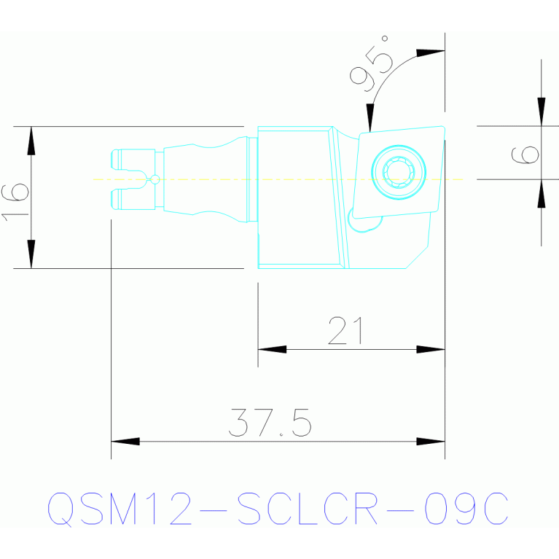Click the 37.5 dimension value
(270, 423)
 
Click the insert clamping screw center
(398, 172)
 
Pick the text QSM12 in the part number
(120, 509)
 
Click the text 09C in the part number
(466, 509)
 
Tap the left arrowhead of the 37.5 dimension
(125, 441)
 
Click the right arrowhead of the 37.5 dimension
(431, 441)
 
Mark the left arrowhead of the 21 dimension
(272, 349)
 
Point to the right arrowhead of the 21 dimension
(431, 349)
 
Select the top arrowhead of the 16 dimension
(31, 140)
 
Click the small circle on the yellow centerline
(155, 179)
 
